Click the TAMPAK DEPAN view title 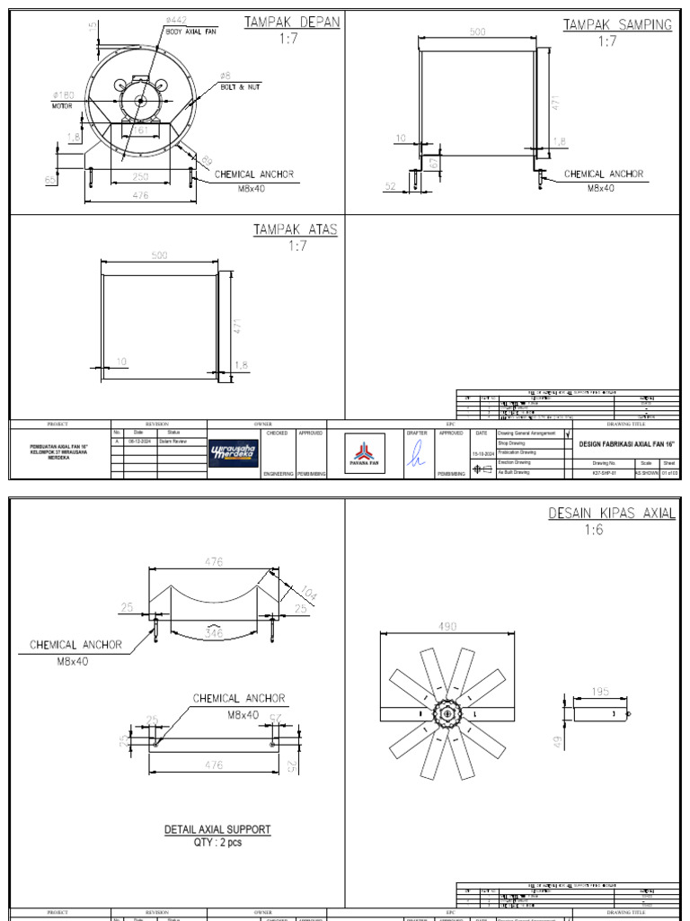(292, 22)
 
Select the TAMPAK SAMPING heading (617, 24)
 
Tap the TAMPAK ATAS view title (295, 229)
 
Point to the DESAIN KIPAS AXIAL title (612, 513)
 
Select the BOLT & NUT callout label (240, 87)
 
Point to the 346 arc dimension (214, 634)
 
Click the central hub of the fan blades (447, 714)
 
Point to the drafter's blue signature (416, 456)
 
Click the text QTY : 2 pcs (217, 843)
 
